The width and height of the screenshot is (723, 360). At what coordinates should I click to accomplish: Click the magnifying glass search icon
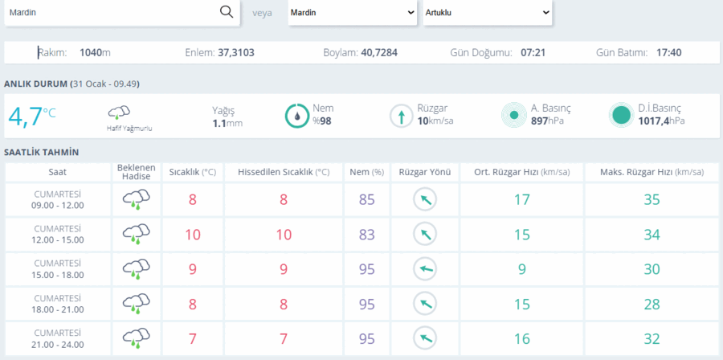pyautogui.click(x=227, y=12)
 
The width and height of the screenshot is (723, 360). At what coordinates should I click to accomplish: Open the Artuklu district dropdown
pyautogui.click(x=488, y=12)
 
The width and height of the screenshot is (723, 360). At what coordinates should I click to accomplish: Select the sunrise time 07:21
pyautogui.click(x=533, y=52)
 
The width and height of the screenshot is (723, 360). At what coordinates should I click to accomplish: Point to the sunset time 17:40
pyautogui.click(x=669, y=52)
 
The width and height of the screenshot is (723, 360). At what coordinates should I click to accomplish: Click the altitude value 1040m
pyautogui.click(x=95, y=52)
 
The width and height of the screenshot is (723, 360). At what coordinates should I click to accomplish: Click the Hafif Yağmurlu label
pyautogui.click(x=129, y=129)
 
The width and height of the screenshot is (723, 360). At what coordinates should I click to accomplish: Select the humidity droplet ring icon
pyautogui.click(x=297, y=116)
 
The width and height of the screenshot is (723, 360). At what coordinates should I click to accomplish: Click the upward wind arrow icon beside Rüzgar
pyautogui.click(x=402, y=116)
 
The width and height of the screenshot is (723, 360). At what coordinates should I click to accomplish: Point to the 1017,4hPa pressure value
pyautogui.click(x=662, y=121)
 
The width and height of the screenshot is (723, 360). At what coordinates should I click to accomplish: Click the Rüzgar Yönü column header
pyautogui.click(x=425, y=173)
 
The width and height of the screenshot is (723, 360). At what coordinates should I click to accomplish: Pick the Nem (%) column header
pyautogui.click(x=366, y=173)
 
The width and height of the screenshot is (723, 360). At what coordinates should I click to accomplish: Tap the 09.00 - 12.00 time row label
pyautogui.click(x=58, y=205)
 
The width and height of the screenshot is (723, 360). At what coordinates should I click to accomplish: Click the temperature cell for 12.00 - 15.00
pyautogui.click(x=193, y=235)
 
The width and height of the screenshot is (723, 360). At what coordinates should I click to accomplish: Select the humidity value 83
pyautogui.click(x=367, y=235)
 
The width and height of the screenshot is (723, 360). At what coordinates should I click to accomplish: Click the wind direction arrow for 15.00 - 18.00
pyautogui.click(x=425, y=269)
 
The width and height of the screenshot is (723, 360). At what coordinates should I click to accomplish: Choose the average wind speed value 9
pyautogui.click(x=522, y=269)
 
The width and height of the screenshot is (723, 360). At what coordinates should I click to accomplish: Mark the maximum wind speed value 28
pyautogui.click(x=652, y=305)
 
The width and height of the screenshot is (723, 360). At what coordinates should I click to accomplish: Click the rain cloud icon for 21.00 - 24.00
pyautogui.click(x=136, y=338)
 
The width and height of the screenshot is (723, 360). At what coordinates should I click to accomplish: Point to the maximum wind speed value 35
pyautogui.click(x=652, y=199)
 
